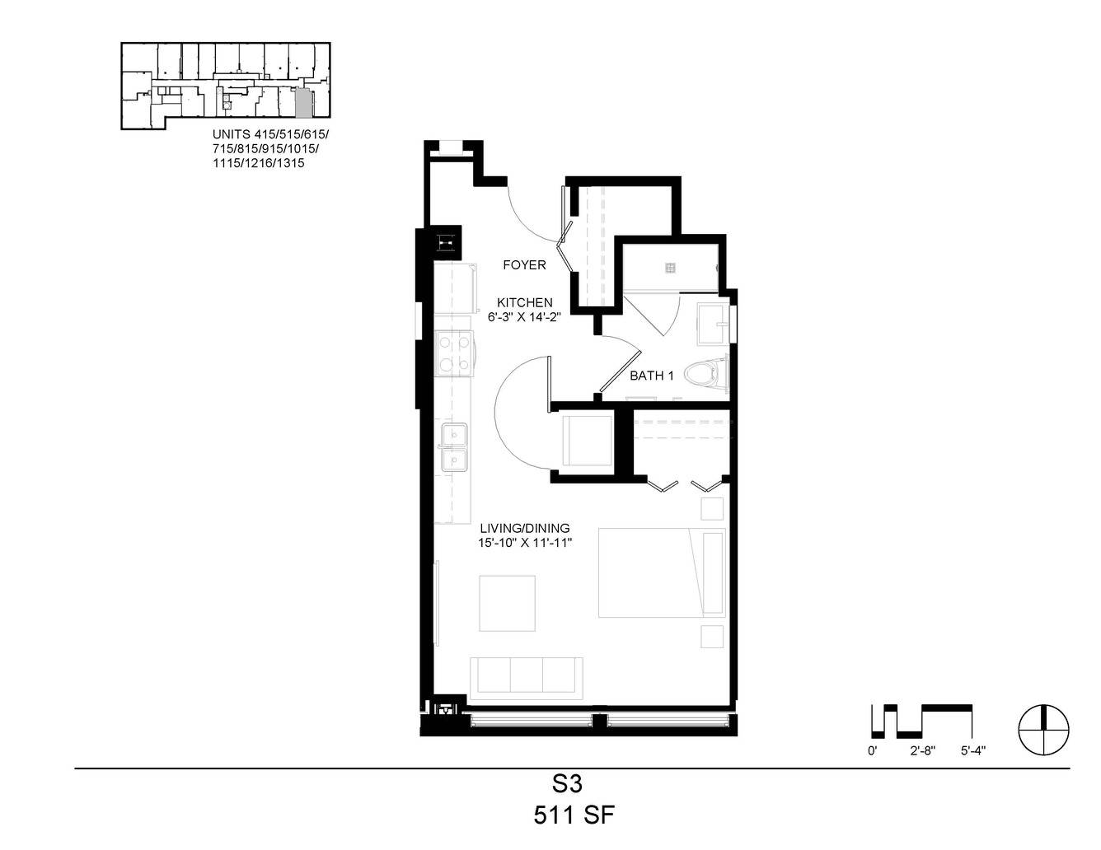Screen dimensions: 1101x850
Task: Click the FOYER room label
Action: click(524, 264)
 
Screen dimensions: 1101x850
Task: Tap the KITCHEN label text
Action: click(524, 303)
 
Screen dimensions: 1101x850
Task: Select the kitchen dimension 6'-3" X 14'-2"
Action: click(524, 317)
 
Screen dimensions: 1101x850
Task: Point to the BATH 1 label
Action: click(652, 376)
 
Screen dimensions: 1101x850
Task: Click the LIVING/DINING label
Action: click(525, 528)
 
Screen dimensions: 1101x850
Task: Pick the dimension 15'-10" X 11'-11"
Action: click(525, 544)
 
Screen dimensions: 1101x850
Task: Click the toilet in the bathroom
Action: click(705, 375)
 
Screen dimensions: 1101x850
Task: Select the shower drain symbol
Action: click(670, 268)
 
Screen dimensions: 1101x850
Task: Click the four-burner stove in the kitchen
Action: click(454, 353)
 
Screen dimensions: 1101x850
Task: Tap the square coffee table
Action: click(507, 603)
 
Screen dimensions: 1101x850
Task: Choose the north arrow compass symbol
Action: click(1044, 730)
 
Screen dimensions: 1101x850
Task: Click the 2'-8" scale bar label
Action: click(922, 751)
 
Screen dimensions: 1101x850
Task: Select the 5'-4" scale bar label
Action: click(972, 751)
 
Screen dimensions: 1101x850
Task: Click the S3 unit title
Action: click(568, 784)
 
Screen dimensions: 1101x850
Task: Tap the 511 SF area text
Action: click(574, 815)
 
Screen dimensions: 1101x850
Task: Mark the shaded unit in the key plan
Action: click(302, 102)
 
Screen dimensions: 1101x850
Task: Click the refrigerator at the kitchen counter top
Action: click(456, 288)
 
